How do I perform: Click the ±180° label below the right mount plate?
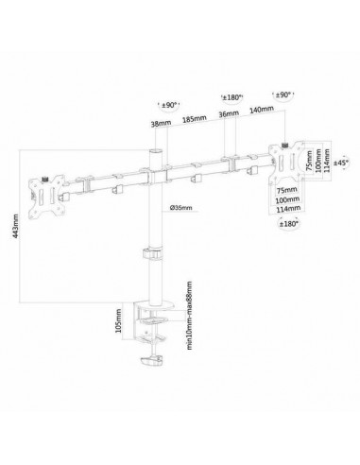(290, 223)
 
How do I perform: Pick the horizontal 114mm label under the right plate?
(283, 211)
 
